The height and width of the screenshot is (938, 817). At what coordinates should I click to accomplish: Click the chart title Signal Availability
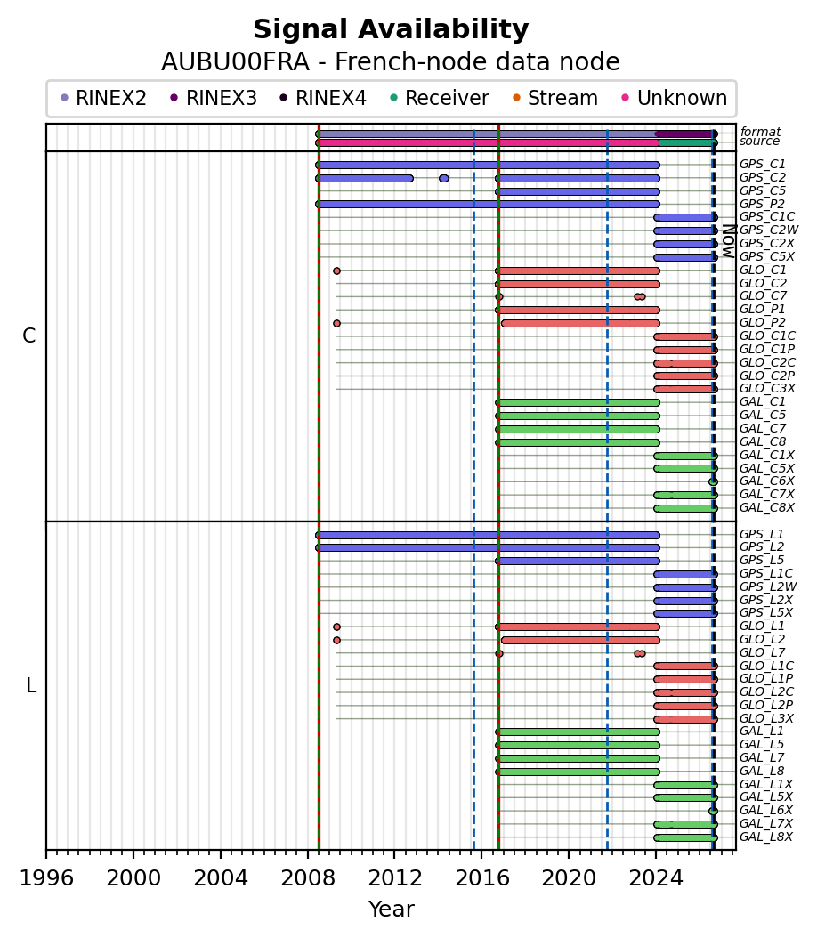click(391, 29)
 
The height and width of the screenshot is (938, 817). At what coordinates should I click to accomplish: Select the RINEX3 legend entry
click(214, 98)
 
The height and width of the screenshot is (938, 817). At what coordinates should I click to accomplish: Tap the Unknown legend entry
click(674, 98)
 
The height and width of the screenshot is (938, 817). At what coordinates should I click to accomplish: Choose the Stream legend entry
click(555, 98)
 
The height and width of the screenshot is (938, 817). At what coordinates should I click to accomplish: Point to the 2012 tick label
click(395, 878)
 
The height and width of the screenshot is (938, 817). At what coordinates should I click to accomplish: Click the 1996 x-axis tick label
click(46, 878)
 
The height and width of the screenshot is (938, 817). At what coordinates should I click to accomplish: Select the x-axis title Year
click(392, 910)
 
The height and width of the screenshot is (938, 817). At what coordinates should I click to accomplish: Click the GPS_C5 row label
click(763, 190)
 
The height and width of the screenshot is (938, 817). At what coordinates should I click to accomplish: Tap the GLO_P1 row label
click(763, 310)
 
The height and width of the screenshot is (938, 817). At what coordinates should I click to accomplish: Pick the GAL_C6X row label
click(767, 481)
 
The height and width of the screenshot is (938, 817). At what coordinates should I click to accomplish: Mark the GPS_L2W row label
click(768, 586)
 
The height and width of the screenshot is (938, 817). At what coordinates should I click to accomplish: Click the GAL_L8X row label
click(766, 837)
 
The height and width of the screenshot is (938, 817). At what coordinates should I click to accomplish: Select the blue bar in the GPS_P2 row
click(488, 205)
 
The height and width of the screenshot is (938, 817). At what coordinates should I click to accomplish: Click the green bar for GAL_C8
click(578, 442)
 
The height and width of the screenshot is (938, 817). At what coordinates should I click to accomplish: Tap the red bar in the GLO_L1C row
click(685, 666)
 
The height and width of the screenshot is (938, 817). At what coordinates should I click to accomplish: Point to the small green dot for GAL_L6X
click(713, 811)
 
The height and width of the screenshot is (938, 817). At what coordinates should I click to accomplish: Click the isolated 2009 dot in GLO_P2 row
click(336, 324)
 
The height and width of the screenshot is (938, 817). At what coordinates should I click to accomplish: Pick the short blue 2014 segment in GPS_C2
click(444, 178)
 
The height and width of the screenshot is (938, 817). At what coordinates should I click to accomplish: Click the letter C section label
click(28, 336)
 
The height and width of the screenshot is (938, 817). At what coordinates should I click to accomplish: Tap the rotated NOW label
click(729, 241)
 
